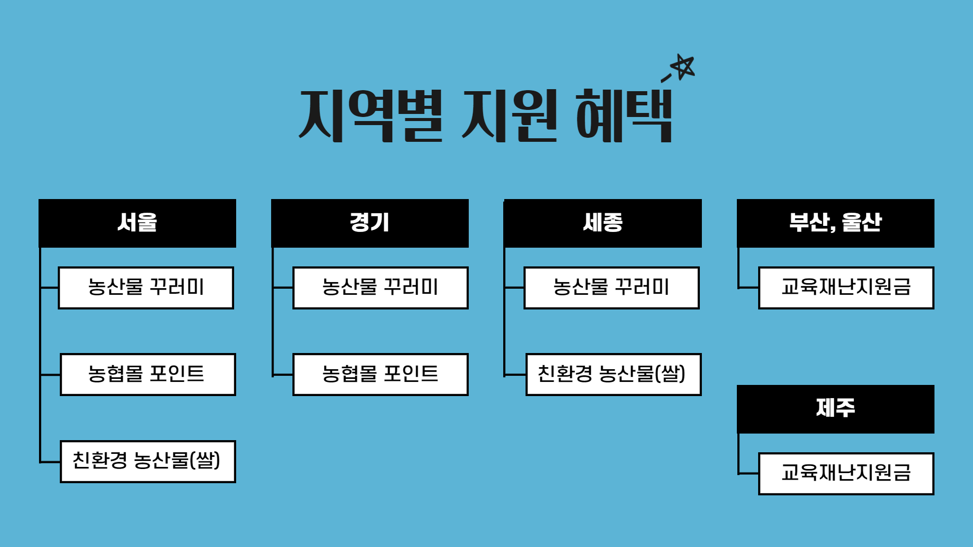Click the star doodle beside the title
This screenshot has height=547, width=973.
[x=683, y=67]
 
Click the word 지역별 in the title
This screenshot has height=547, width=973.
[x=371, y=115]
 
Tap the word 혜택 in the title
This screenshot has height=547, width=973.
[x=624, y=115]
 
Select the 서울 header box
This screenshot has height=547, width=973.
[x=137, y=223]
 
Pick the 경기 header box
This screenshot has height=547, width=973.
[x=370, y=223]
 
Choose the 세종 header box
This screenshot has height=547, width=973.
[x=603, y=223]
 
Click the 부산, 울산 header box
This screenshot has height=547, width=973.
[x=836, y=223]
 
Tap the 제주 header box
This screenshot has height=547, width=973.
[x=836, y=409]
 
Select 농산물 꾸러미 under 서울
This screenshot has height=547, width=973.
[x=146, y=288]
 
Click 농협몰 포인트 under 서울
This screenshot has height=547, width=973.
[x=147, y=374]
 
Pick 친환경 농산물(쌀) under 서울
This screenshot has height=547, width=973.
[x=147, y=461]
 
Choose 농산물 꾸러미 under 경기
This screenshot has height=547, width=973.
[x=380, y=288]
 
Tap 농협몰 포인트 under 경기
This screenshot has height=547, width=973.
[x=380, y=374]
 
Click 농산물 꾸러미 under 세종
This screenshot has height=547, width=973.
[x=612, y=288]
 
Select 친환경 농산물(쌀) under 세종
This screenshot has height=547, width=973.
[x=613, y=374]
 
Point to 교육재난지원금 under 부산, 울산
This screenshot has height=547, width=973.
[x=846, y=288]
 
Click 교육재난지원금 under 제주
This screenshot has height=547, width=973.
[x=846, y=474]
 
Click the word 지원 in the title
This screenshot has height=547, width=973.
[x=510, y=115]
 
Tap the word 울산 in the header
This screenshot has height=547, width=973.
[x=862, y=222]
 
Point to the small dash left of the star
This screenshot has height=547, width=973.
[x=666, y=78]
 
